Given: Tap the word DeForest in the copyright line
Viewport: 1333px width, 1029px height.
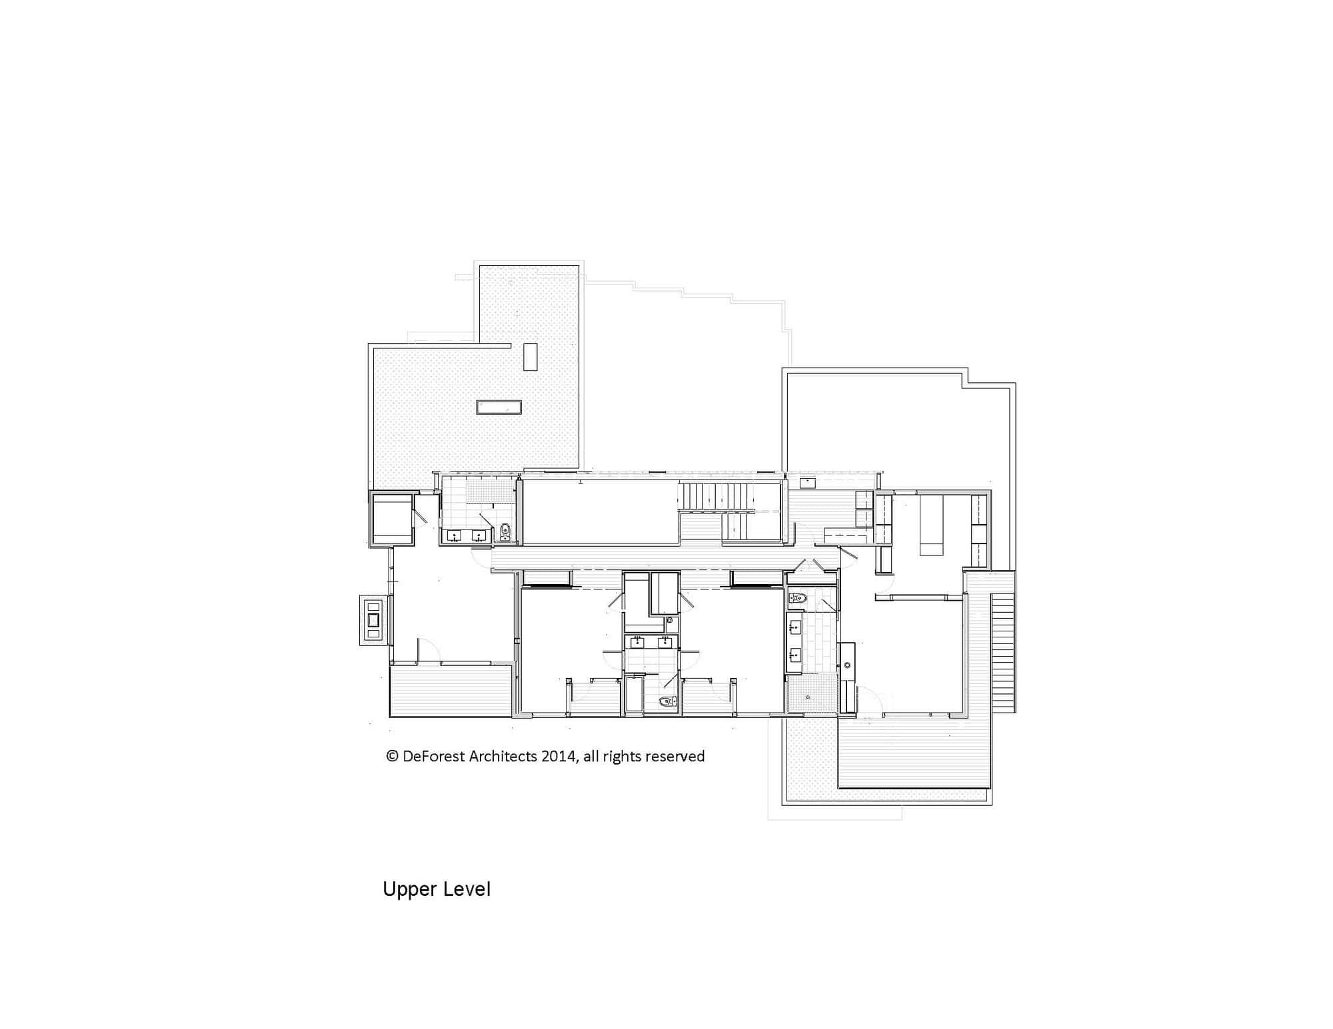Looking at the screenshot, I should pyautogui.click(x=435, y=757).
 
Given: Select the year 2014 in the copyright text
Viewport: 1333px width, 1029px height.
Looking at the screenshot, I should pyautogui.click(x=558, y=757).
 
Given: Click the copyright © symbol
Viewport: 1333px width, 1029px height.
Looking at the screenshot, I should pyautogui.click(x=392, y=757).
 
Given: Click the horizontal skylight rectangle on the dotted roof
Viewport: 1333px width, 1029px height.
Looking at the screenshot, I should pyautogui.click(x=499, y=407).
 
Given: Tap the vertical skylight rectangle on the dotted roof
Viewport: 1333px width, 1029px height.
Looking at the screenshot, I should pyautogui.click(x=531, y=356).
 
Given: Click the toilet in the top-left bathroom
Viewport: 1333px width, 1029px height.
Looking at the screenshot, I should pyautogui.click(x=505, y=532).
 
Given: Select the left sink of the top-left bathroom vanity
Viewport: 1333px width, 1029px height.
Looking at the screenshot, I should pyautogui.click(x=454, y=535).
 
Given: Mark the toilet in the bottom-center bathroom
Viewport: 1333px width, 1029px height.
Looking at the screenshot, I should pyautogui.click(x=666, y=701).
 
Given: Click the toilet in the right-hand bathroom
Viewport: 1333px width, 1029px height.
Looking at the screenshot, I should pyautogui.click(x=798, y=598).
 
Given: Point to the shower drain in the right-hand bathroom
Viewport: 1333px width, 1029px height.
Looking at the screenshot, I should pyautogui.click(x=808, y=697).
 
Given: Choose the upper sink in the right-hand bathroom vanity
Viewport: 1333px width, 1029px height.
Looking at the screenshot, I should pyautogui.click(x=794, y=627).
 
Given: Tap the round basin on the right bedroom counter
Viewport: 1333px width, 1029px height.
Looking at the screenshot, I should pyautogui.click(x=848, y=665).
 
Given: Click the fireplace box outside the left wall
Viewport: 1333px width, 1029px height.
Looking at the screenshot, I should pyautogui.click(x=373, y=620).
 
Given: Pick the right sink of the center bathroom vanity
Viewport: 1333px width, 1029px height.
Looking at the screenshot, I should pyautogui.click(x=665, y=642).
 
